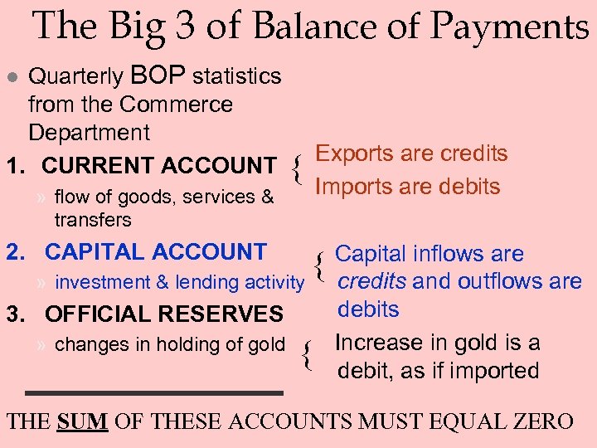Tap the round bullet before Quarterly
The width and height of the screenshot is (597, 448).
tap(11, 77)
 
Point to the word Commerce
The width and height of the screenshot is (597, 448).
tap(176, 105)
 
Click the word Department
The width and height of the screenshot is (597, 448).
tap(89, 133)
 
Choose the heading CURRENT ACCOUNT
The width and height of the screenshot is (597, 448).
tap(158, 166)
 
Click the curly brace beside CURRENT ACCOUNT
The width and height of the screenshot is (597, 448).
tap(296, 169)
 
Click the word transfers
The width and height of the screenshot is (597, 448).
tap(93, 220)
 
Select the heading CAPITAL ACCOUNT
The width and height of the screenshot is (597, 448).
tap(155, 251)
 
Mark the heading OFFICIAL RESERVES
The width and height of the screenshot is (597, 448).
tap(163, 314)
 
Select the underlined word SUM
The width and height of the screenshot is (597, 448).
tap(83, 421)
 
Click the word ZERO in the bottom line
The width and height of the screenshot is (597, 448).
tap(542, 421)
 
